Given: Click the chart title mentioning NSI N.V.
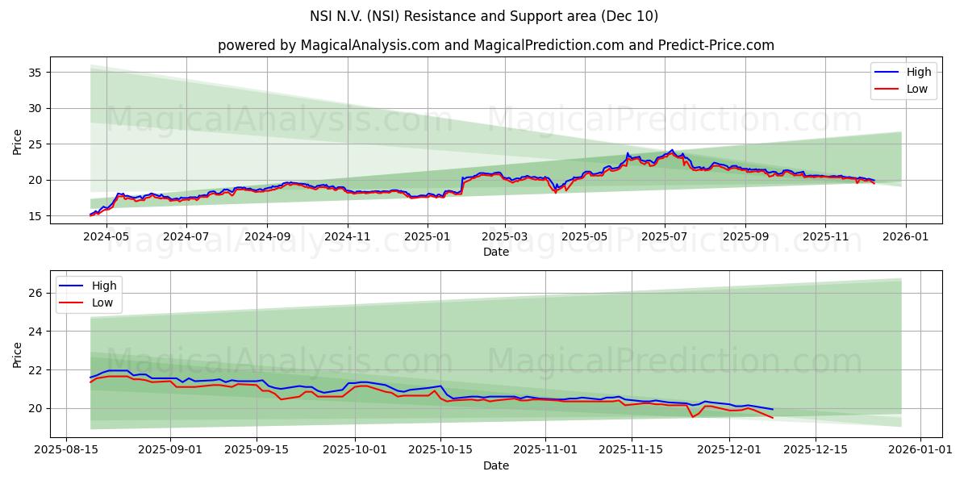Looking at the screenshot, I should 484,16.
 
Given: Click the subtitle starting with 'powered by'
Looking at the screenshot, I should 495,45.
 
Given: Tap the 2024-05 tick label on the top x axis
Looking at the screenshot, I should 106,237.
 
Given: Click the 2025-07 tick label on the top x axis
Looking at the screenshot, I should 665,237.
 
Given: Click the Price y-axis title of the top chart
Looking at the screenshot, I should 18,141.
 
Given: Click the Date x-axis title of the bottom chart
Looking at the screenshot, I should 495,465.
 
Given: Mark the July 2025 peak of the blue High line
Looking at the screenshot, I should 672,150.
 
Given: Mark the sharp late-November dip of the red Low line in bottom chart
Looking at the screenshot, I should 692,416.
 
